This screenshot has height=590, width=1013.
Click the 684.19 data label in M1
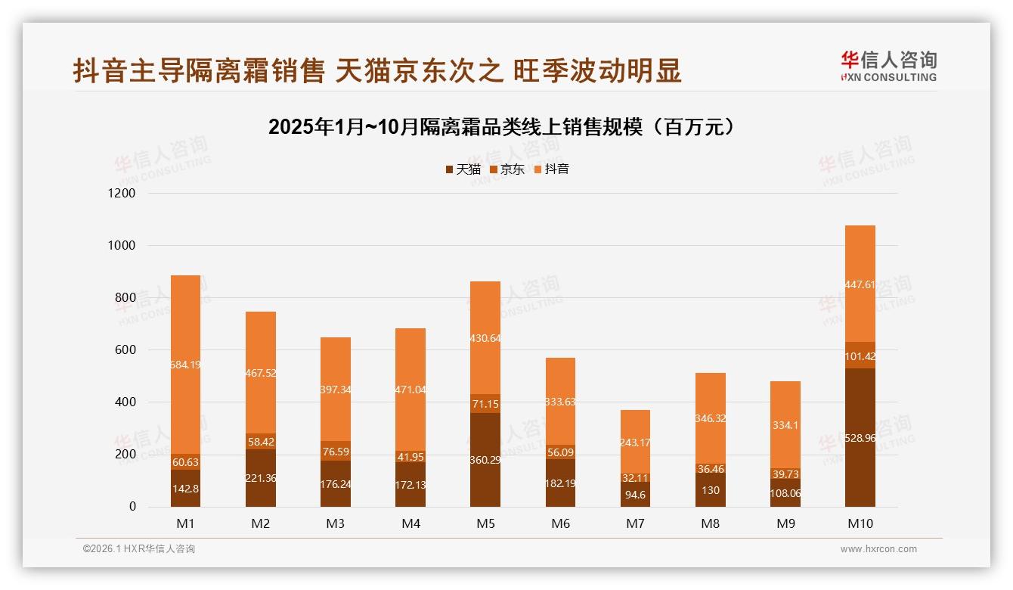(x=185, y=365)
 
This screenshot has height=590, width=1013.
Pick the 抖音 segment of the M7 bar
(x=634, y=442)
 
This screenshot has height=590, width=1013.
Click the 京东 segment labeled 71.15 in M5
(x=485, y=404)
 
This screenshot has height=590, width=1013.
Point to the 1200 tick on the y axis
(x=122, y=194)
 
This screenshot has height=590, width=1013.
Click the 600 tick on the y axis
(x=125, y=350)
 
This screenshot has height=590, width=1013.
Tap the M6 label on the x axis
(x=559, y=523)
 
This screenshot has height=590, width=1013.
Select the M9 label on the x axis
(x=785, y=523)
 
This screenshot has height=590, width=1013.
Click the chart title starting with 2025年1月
(x=501, y=127)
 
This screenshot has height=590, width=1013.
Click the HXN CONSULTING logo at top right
(x=888, y=67)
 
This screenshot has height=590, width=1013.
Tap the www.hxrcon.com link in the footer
(x=878, y=549)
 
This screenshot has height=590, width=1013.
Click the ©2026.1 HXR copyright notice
(x=138, y=549)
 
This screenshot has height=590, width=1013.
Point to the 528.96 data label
(x=860, y=438)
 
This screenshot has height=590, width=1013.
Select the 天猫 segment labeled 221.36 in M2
(x=260, y=478)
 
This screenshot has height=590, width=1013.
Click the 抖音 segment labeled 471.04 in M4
(x=410, y=390)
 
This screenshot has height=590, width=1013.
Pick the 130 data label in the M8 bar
(x=710, y=490)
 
